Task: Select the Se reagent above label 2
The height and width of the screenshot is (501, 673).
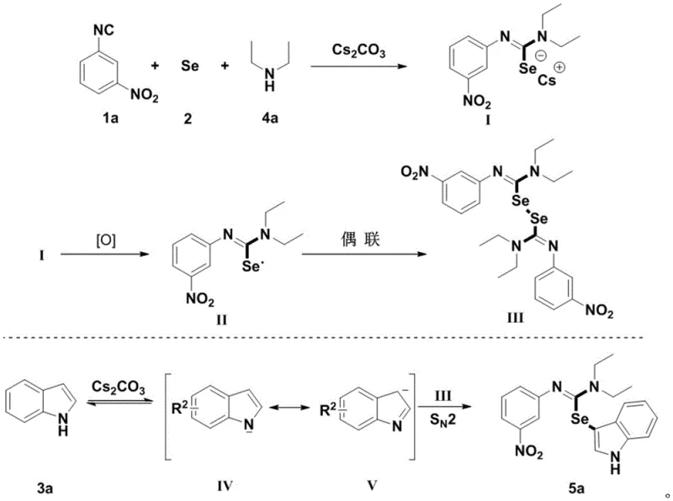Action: pos(190,65)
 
